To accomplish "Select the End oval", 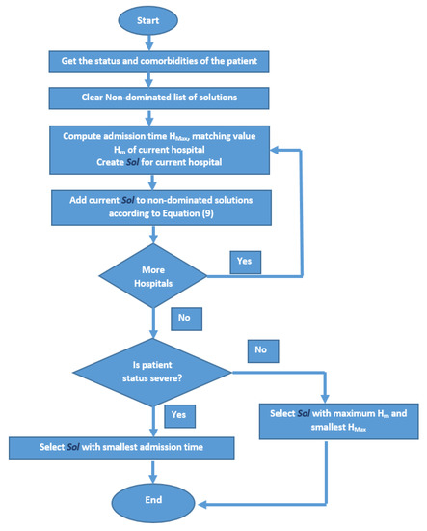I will pos(153,500).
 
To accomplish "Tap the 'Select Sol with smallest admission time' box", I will pos(121,448).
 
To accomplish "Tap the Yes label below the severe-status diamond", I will pos(178,414).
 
